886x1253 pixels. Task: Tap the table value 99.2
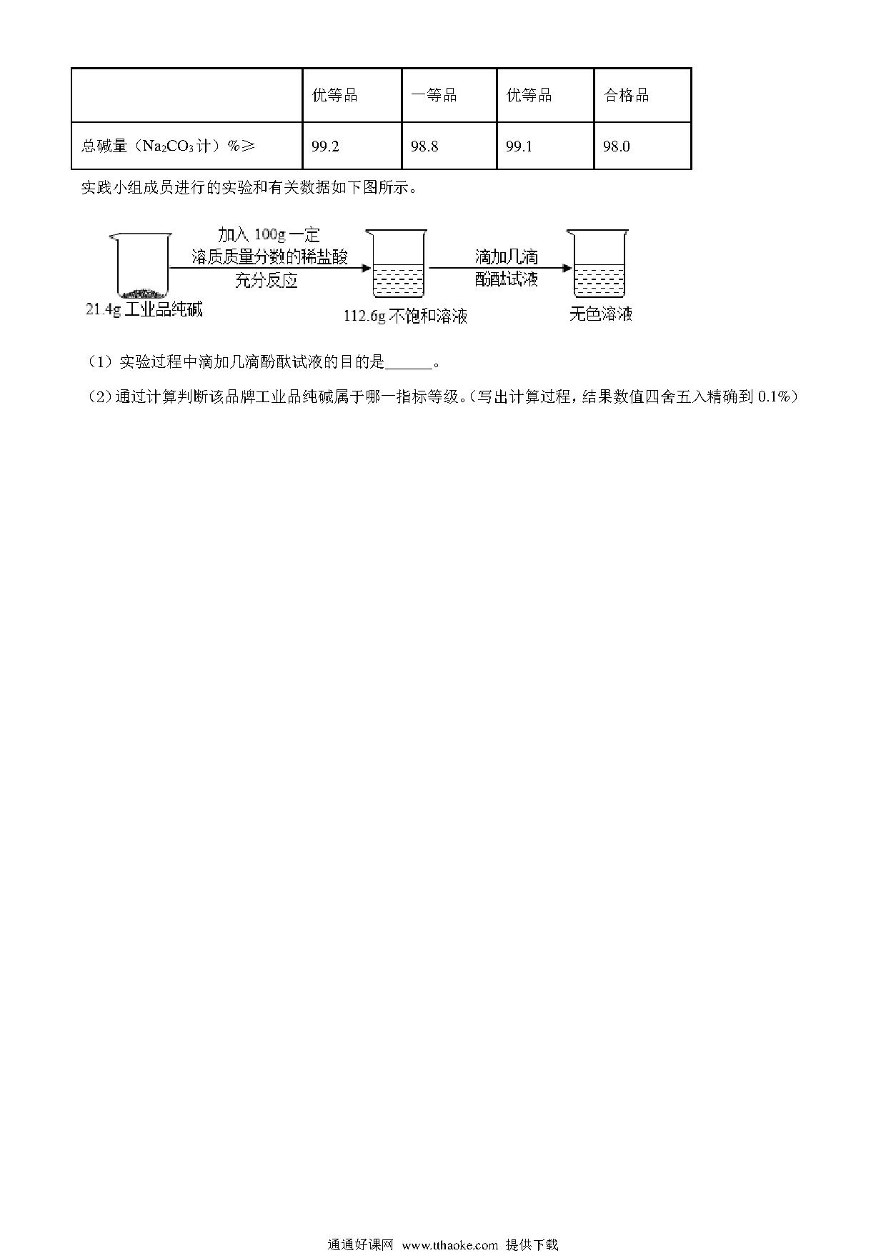(325, 146)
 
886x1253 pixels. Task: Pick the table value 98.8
(424, 146)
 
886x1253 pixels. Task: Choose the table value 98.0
(617, 146)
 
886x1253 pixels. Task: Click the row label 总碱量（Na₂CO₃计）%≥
(168, 146)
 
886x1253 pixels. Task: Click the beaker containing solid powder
(141, 266)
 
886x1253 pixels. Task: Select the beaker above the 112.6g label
(398, 264)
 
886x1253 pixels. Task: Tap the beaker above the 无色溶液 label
(599, 264)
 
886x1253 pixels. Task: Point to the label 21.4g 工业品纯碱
(144, 310)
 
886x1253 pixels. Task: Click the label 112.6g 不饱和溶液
(405, 316)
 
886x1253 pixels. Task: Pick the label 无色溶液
(601, 314)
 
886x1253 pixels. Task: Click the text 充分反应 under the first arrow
(266, 281)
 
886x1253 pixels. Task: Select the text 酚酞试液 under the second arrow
(507, 279)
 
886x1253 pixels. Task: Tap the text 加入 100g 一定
(269, 235)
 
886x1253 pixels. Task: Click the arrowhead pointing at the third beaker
(567, 269)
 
